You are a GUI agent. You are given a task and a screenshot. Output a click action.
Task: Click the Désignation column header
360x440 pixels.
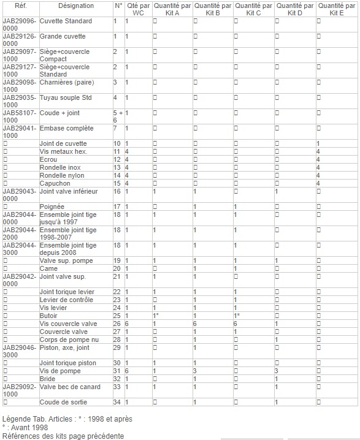tap(76, 6)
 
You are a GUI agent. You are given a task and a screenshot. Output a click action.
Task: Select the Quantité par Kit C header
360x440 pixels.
tap(254, 9)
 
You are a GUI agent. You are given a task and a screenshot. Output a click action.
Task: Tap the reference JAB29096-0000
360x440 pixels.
tap(20, 25)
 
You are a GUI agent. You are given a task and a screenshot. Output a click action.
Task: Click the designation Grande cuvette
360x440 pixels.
tap(63, 36)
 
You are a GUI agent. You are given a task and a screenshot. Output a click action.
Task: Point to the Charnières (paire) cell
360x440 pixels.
tap(67, 82)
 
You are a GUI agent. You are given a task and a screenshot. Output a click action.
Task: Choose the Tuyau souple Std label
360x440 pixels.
tap(66, 97)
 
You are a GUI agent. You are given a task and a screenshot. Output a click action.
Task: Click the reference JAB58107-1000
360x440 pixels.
tap(20, 116)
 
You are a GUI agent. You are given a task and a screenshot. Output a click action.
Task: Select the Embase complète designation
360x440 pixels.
tap(66, 128)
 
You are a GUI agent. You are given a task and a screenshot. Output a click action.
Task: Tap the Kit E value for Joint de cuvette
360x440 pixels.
tap(318, 143)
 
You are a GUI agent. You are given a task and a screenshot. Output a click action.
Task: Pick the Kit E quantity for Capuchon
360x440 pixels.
tap(318, 183)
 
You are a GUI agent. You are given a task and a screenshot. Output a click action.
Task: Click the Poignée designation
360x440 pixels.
tap(52, 207)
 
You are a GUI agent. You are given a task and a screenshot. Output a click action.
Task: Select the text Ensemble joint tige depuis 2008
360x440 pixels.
tap(68, 249)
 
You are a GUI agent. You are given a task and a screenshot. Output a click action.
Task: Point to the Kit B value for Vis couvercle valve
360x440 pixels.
tap(194, 324)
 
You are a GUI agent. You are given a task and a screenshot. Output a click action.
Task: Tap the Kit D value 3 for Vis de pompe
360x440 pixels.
tap(277, 371)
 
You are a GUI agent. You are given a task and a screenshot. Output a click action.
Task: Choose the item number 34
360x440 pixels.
tap(117, 402)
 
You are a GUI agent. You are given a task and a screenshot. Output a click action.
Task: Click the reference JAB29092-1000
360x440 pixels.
tap(20, 390)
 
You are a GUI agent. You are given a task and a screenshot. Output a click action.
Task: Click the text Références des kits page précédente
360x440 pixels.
tap(63, 436)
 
